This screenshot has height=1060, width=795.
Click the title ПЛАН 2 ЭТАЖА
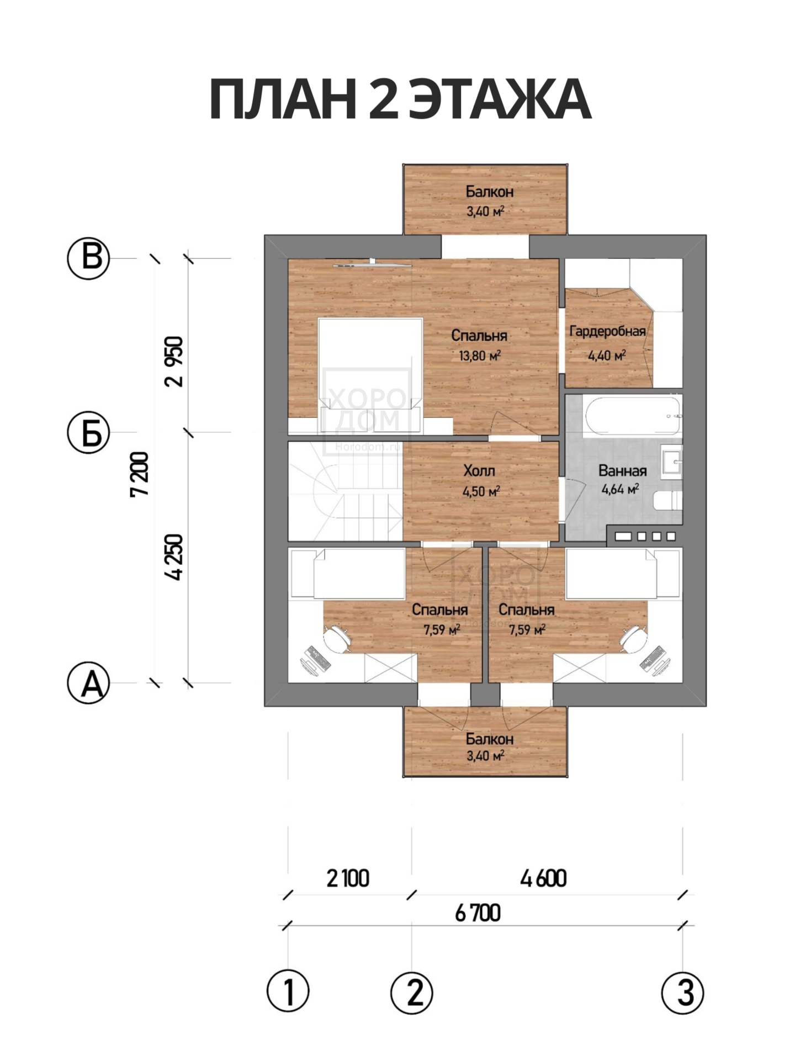pos(400,100)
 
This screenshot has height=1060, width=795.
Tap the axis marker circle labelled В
pos(88,258)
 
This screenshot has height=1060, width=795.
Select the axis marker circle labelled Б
pos(88,432)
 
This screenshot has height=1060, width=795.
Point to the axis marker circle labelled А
pos(88,683)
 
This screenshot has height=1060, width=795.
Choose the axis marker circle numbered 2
pos(412,991)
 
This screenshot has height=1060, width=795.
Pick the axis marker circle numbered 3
pos(683,991)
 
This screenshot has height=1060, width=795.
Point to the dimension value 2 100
pos(348,878)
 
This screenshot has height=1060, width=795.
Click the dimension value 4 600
pos(544,878)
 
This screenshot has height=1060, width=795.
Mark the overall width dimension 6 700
pos(478,913)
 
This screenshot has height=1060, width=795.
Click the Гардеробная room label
pos(607,331)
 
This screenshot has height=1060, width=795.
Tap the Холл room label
pos(479,471)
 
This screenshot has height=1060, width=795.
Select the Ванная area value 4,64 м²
pos(621,489)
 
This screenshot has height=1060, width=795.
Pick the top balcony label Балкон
pos(489,192)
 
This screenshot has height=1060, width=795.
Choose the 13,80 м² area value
pos(480,356)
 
